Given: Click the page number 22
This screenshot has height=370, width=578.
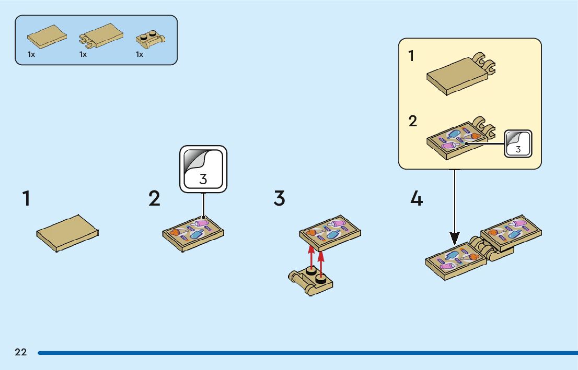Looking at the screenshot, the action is (x=21, y=352).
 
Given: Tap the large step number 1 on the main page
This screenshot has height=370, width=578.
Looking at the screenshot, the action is (x=26, y=199).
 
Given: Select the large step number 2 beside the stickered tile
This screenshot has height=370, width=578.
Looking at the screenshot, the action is (x=154, y=199).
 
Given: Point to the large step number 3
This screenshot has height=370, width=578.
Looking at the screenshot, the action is (x=280, y=199).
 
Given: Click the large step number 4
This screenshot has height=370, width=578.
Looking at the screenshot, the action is (x=416, y=199).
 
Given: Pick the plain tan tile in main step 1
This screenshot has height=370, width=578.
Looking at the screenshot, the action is (x=67, y=233).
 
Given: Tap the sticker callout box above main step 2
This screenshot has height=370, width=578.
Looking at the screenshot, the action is (x=203, y=169).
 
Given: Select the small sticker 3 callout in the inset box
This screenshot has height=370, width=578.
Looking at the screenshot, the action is (x=518, y=142).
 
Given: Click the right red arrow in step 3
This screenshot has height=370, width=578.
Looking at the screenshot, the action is (x=321, y=262).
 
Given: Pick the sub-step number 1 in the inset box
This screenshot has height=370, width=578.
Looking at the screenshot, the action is (x=411, y=56).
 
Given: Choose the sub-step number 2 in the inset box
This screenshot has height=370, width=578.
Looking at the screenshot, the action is (x=413, y=122).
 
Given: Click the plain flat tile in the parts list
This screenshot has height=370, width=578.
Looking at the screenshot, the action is (x=47, y=36).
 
